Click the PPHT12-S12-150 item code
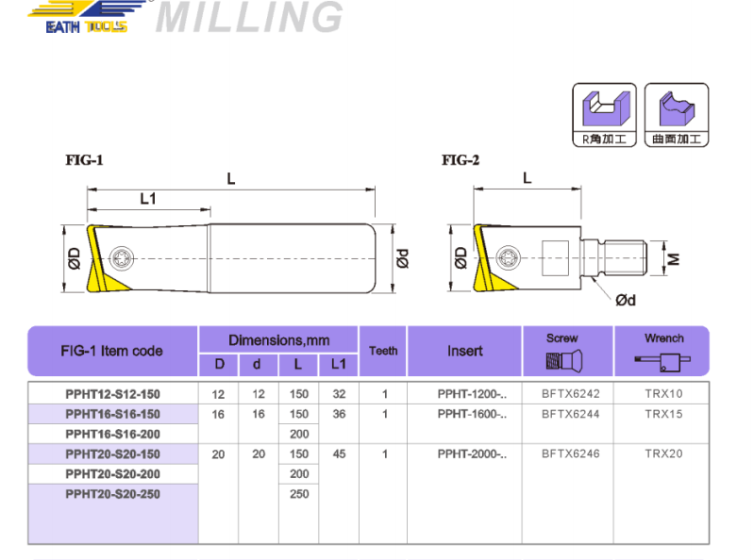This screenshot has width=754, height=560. pyautogui.click(x=112, y=394)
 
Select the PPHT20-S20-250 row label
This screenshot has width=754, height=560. pyautogui.click(x=112, y=494)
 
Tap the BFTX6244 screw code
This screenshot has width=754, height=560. pyautogui.click(x=571, y=414)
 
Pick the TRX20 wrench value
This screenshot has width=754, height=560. pyautogui.click(x=663, y=454)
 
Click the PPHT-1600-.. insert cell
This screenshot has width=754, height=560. pyautogui.click(x=472, y=414)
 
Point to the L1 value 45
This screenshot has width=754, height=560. pyautogui.click(x=339, y=454)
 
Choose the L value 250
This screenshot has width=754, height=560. pyautogui.click(x=298, y=494)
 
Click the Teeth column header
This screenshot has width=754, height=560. pyautogui.click(x=383, y=351)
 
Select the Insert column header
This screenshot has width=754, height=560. pyautogui.click(x=465, y=351)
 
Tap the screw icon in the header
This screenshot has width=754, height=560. pyautogui.click(x=562, y=360)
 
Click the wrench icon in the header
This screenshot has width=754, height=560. pyautogui.click(x=664, y=360)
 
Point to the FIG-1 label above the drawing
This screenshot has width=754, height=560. pyautogui.click(x=84, y=160)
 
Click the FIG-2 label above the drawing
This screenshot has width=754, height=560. pyautogui.click(x=461, y=160)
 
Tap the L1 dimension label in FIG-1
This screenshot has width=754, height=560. pyautogui.click(x=147, y=199)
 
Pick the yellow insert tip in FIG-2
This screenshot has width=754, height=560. pyautogui.click(x=491, y=258)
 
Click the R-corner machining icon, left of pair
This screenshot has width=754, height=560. pyautogui.click(x=604, y=114)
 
